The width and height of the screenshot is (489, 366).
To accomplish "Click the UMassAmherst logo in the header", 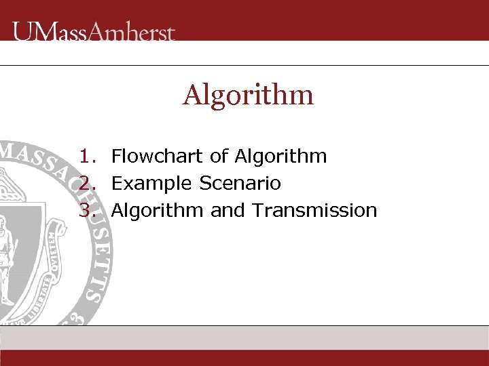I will pyautogui.click(x=94, y=32).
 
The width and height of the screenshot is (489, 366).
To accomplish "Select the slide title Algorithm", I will pyautogui.click(x=248, y=95).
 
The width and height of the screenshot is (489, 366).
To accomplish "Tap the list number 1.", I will pyautogui.click(x=86, y=157).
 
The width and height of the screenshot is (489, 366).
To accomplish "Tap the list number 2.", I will pyautogui.click(x=86, y=184).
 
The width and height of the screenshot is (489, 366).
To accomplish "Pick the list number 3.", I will pyautogui.click(x=86, y=211).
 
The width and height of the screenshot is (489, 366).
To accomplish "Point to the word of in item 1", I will pyautogui.click(x=219, y=157).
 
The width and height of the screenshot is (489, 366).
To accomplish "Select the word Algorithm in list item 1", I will pyautogui.click(x=280, y=157).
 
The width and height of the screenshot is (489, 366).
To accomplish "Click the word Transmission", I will pyautogui.click(x=314, y=211).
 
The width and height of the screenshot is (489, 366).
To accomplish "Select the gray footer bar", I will pyautogui.click(x=244, y=338).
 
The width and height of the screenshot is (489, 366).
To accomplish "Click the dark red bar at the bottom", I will pyautogui.click(x=244, y=358).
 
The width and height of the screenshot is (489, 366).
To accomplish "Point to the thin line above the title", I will pyautogui.click(x=244, y=66).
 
